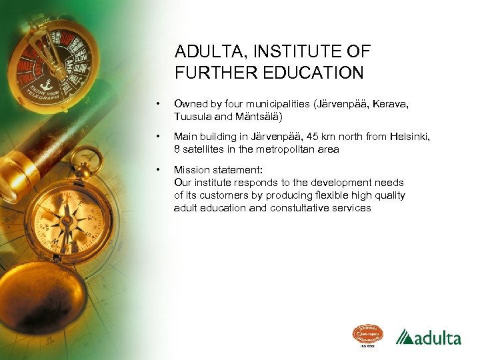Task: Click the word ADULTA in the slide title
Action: point(205,52)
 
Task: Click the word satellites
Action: point(203,149)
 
